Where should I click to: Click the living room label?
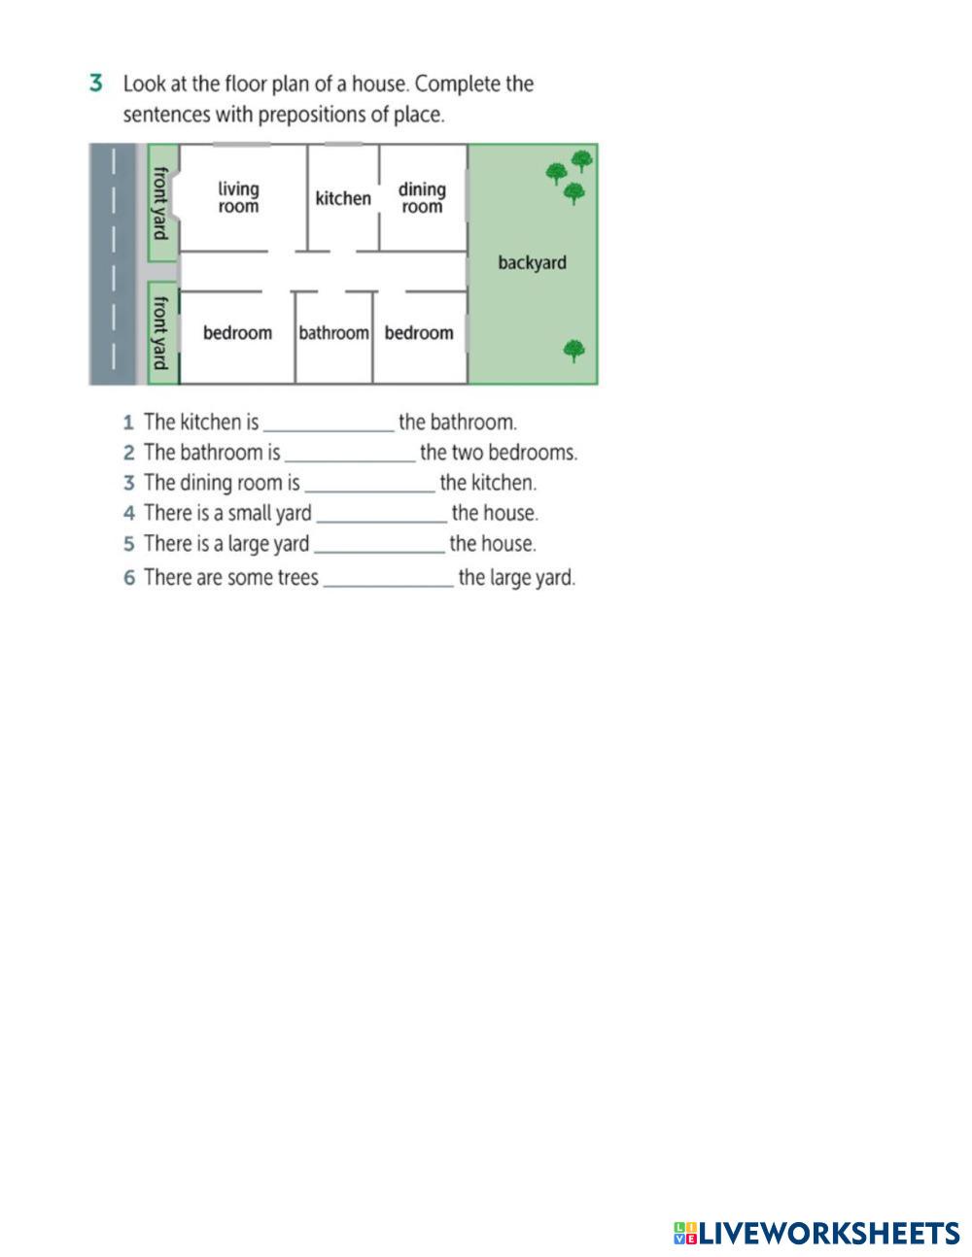[238, 197]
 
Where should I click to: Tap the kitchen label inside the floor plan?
[343, 198]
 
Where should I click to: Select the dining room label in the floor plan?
[422, 197]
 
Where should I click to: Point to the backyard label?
[532, 262]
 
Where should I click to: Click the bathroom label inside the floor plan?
[333, 333]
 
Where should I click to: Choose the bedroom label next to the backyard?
[419, 333]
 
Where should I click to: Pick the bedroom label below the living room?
[237, 333]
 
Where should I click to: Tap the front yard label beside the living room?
[161, 202]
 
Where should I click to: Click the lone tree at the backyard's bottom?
[574, 350]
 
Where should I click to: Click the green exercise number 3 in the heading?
[96, 84]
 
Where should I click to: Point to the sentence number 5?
[129, 544]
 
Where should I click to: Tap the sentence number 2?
[129, 453]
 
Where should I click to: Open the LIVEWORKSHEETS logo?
[816, 1233]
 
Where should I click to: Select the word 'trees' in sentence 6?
[295, 577]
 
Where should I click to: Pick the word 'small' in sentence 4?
[251, 513]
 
